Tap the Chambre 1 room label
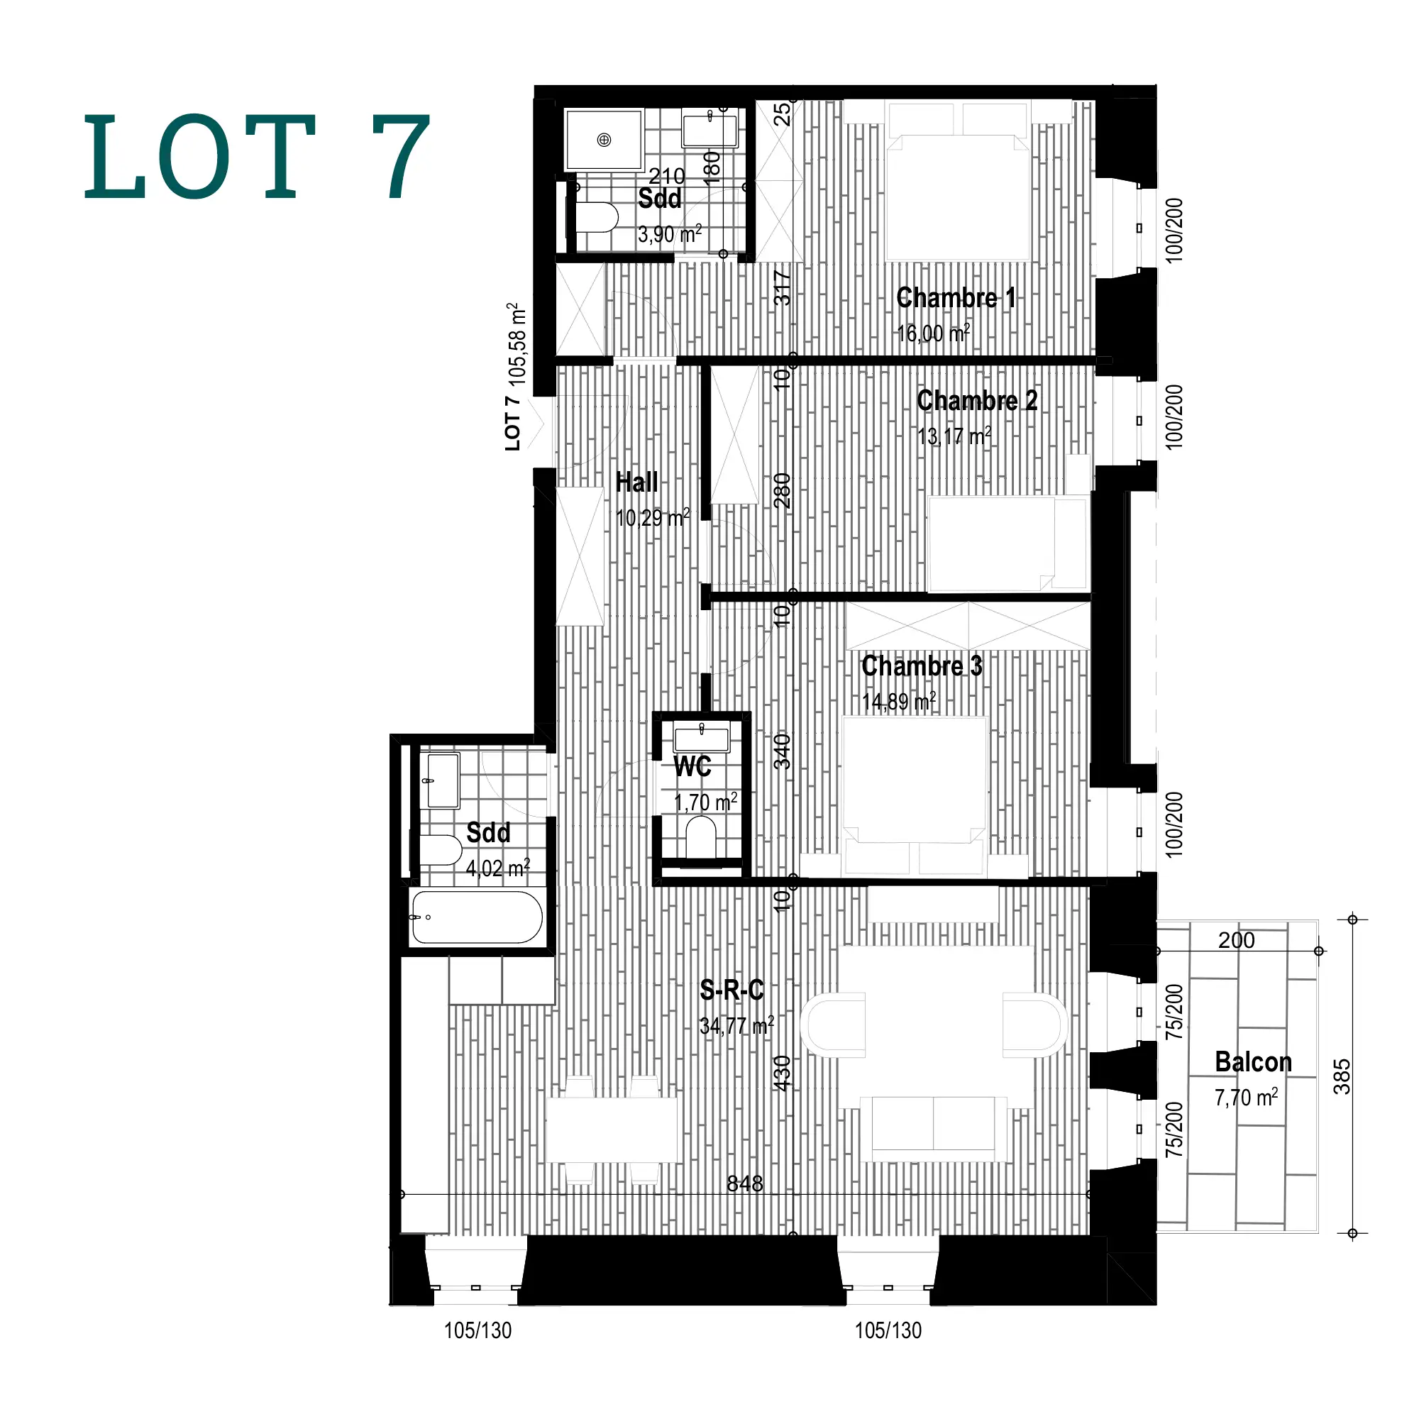[956, 297]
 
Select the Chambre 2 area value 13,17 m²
[954, 436]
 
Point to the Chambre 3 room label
[921, 666]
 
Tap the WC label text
[692, 767]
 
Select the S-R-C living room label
[731, 990]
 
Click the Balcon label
[1253, 1062]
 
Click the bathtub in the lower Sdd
[477, 917]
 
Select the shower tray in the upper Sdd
[604, 140]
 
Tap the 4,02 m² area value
[497, 869]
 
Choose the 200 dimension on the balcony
[1236, 940]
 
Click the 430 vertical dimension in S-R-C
[783, 1072]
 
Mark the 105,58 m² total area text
[517, 343]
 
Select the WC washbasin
[702, 736]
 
